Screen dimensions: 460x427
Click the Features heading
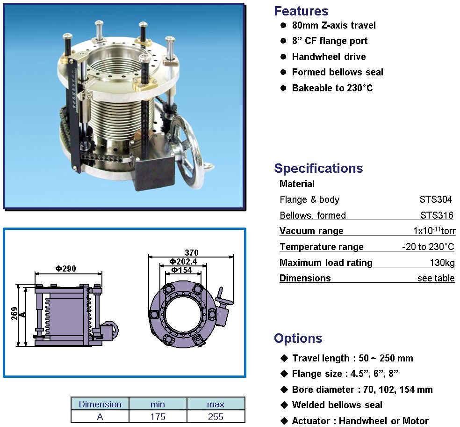tap(301, 11)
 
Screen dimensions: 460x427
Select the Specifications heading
tap(318, 169)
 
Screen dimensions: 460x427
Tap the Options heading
tap(298, 338)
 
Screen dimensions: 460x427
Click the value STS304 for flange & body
tap(436, 199)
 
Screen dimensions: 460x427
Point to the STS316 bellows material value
tap(437, 215)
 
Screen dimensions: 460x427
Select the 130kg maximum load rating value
tap(442, 263)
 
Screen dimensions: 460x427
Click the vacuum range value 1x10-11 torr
tap(434, 230)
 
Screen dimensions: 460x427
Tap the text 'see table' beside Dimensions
tap(436, 278)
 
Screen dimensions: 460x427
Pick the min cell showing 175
tap(158, 417)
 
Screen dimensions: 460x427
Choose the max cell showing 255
tap(216, 417)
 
